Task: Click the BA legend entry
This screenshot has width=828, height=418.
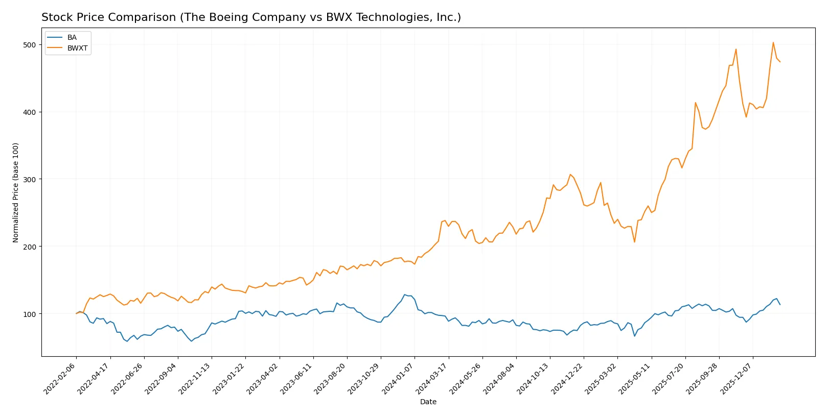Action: [x=72, y=38]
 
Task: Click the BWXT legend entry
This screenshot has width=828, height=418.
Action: [x=77, y=48]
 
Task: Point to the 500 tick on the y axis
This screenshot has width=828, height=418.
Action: [x=30, y=45]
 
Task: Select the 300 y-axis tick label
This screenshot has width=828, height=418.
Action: [x=30, y=179]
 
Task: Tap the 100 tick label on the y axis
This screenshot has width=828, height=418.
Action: [x=30, y=314]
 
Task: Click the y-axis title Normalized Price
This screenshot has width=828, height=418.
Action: [x=16, y=192]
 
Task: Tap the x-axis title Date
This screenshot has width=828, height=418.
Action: [x=428, y=402]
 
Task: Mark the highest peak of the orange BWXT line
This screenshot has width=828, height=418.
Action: [x=773, y=42]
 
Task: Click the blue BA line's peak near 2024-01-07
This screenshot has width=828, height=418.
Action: [x=405, y=294]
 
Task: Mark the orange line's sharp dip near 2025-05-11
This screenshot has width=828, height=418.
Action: [x=634, y=242]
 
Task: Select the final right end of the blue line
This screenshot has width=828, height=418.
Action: [x=779, y=304]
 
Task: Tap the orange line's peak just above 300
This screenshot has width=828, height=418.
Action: [x=570, y=175]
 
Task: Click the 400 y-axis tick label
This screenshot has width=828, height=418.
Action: [x=30, y=112]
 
